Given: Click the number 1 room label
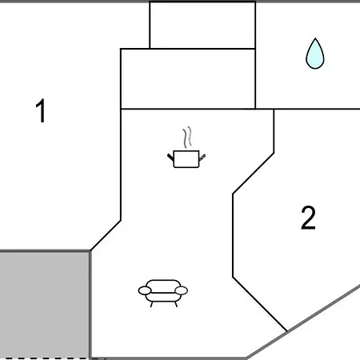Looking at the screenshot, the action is tap(41, 110).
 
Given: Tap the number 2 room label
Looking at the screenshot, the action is tap(308, 218).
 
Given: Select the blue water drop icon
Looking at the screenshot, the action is tap(315, 54).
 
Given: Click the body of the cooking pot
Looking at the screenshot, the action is tap(186, 159).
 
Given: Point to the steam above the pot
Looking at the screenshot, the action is tap(187, 137).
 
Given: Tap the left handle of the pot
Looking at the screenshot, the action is tap(170, 157).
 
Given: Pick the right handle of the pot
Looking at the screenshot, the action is tap(202, 158).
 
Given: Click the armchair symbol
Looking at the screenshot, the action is tap(163, 294).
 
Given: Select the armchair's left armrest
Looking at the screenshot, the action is tap(145, 290).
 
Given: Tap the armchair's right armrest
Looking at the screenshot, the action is tap(181, 290).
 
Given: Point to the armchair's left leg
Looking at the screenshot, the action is tap(151, 304).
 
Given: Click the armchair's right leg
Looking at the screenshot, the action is tap(176, 304).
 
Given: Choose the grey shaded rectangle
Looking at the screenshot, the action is tap(44, 305).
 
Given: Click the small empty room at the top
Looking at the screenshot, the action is tap(202, 25).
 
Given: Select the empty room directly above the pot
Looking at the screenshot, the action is tap(188, 78).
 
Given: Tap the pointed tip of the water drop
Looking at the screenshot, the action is tap(315, 38).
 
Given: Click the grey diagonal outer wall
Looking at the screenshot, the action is tap(303, 322).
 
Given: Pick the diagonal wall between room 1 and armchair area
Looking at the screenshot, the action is tap(106, 235).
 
